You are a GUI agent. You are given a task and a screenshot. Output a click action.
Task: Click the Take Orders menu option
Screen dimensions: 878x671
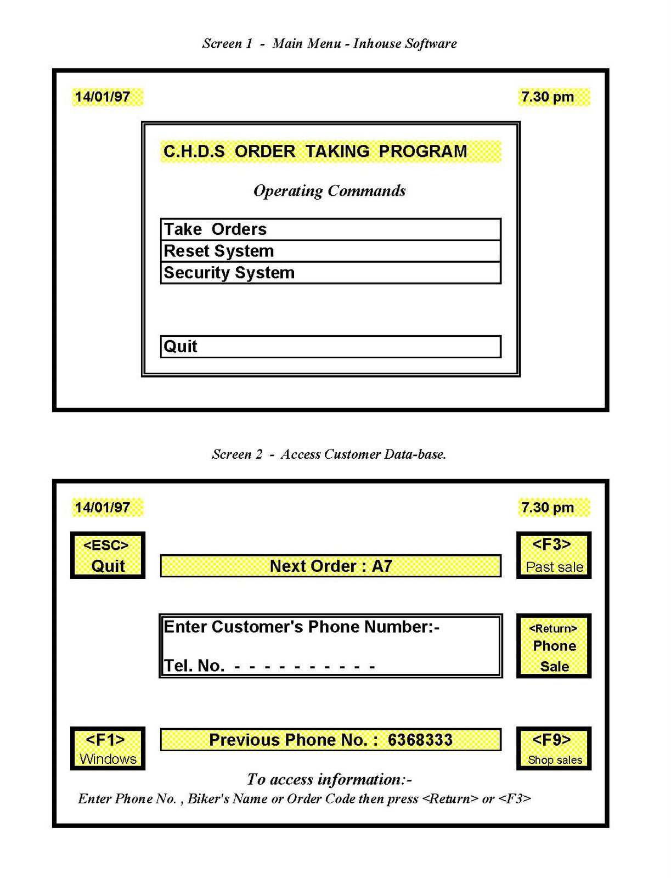point(330,229)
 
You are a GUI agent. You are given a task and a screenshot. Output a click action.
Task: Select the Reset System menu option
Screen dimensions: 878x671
point(330,251)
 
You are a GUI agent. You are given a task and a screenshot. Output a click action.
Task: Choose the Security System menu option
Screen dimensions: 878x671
point(330,273)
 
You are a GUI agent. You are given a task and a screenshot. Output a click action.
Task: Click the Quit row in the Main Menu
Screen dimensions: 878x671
point(330,346)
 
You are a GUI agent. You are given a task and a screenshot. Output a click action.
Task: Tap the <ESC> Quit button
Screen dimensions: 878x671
point(108,555)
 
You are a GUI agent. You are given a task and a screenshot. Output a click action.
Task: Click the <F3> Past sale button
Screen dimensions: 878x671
point(554,555)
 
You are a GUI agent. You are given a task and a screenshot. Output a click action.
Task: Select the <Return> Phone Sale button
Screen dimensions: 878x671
point(554,646)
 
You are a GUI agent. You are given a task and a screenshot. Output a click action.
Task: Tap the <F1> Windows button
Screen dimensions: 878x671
point(108,748)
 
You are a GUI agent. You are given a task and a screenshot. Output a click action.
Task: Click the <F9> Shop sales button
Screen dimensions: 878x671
point(554,748)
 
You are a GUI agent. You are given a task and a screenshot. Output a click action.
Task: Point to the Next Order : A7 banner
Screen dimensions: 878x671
point(330,566)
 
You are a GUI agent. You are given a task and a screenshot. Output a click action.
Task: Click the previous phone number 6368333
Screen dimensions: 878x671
point(420,740)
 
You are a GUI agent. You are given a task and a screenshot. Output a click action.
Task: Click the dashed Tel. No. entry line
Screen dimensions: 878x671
point(305,667)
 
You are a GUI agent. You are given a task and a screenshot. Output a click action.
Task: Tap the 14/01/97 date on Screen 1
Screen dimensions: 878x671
point(103,97)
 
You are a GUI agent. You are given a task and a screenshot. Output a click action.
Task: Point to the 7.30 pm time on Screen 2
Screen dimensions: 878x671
point(548,508)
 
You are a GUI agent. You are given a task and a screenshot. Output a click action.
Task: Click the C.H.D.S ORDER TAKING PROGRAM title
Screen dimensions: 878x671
point(315,151)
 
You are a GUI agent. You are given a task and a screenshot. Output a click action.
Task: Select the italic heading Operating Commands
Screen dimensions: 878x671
point(329,191)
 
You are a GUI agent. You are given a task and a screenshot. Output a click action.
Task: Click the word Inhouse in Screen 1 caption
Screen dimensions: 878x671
point(376,43)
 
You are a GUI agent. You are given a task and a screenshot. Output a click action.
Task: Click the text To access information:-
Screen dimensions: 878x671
point(329,779)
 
